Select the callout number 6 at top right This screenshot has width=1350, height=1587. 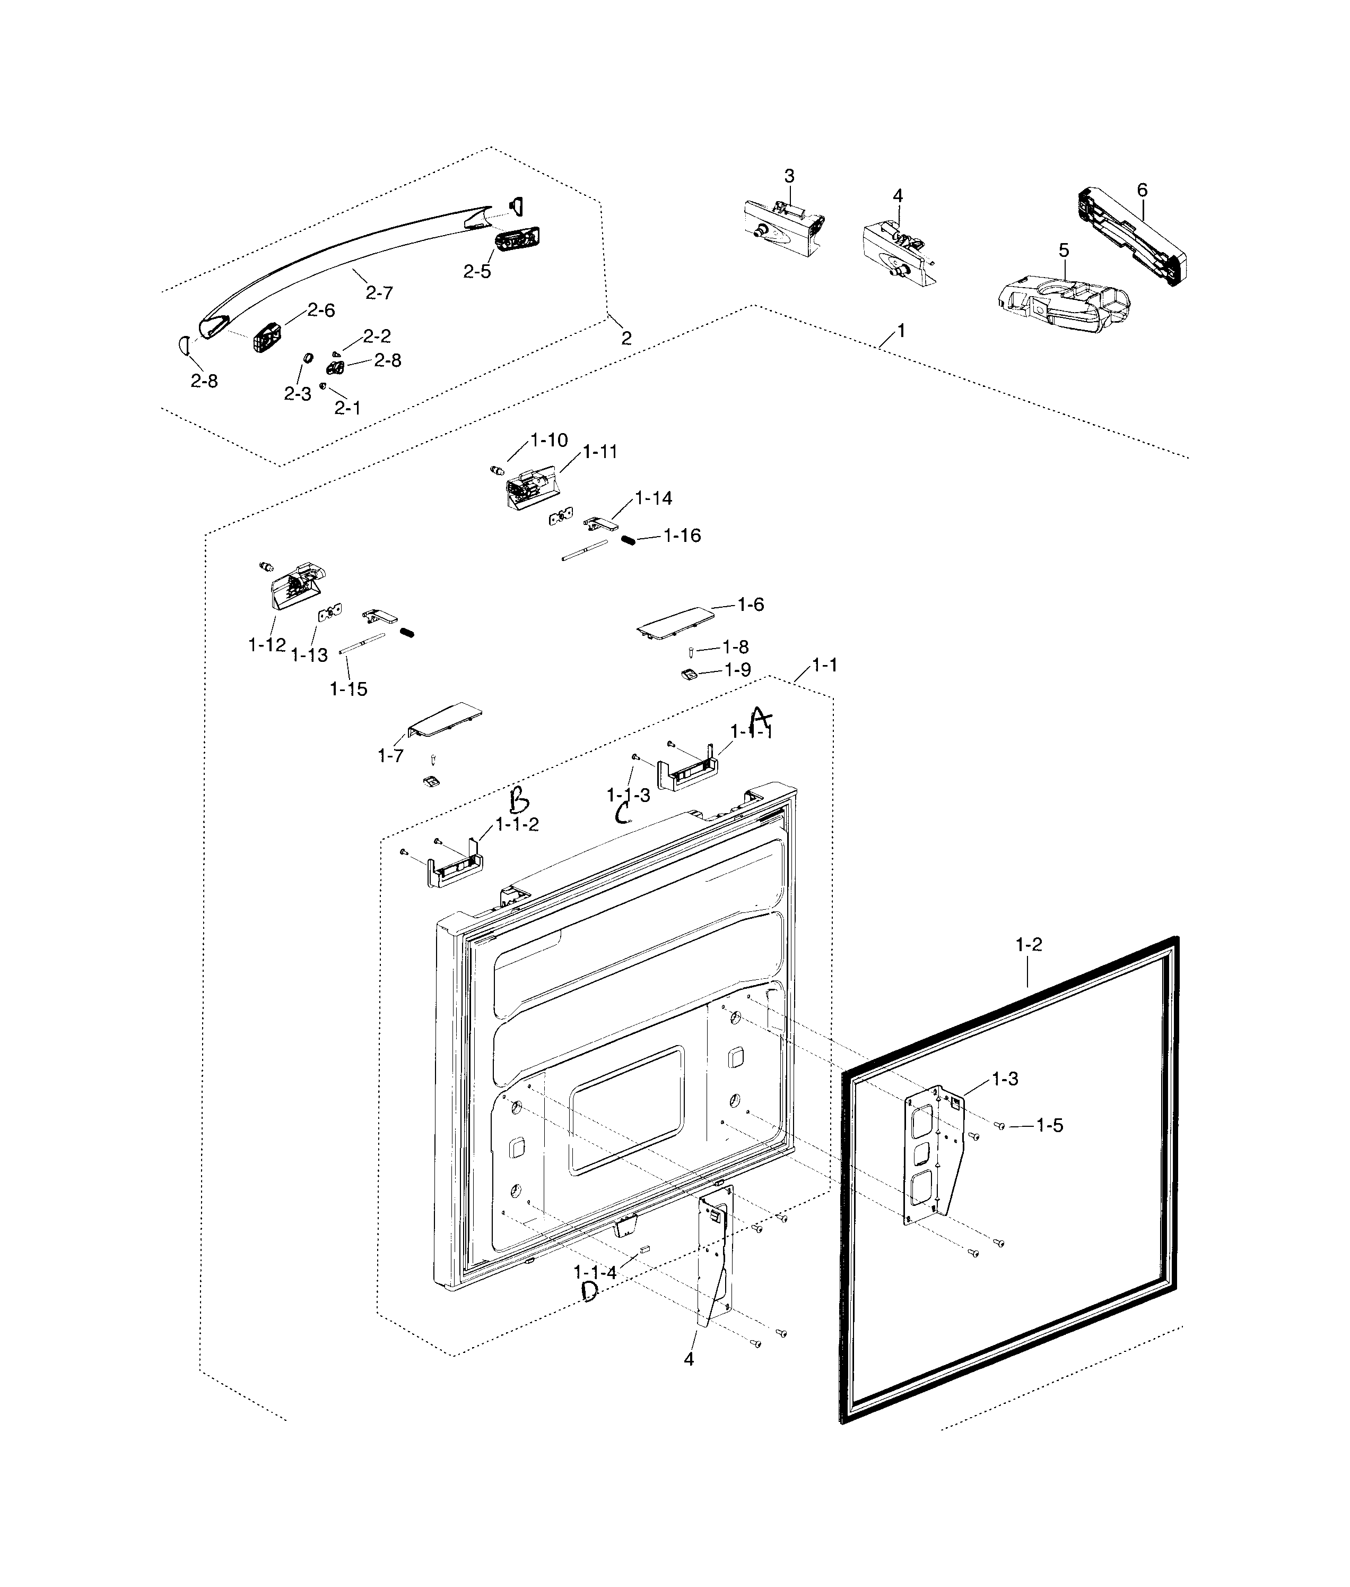pyautogui.click(x=1142, y=190)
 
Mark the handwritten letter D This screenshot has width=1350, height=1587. pyautogui.click(x=590, y=1292)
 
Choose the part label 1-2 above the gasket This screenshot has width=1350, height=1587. pyautogui.click(x=1029, y=945)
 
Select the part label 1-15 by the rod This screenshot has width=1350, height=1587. pyautogui.click(x=348, y=689)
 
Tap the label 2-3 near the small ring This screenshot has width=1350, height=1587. pyautogui.click(x=297, y=393)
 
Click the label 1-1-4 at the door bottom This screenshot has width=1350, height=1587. pyautogui.click(x=595, y=1272)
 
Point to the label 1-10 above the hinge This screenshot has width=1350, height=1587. pyautogui.click(x=548, y=440)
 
